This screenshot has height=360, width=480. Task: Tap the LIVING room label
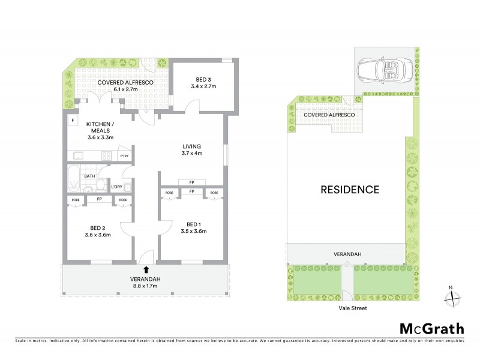tap(192, 146)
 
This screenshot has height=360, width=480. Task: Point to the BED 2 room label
tap(98, 227)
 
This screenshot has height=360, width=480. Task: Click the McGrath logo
tap(431, 328)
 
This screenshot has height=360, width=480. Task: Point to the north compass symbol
tap(454, 295)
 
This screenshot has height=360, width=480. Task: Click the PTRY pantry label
tap(124, 156)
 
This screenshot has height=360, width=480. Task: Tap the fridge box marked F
tap(73, 120)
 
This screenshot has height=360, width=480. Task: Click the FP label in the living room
tap(191, 182)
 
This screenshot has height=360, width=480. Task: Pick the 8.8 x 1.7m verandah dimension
tap(146, 286)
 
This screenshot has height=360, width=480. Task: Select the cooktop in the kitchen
tap(106, 156)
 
